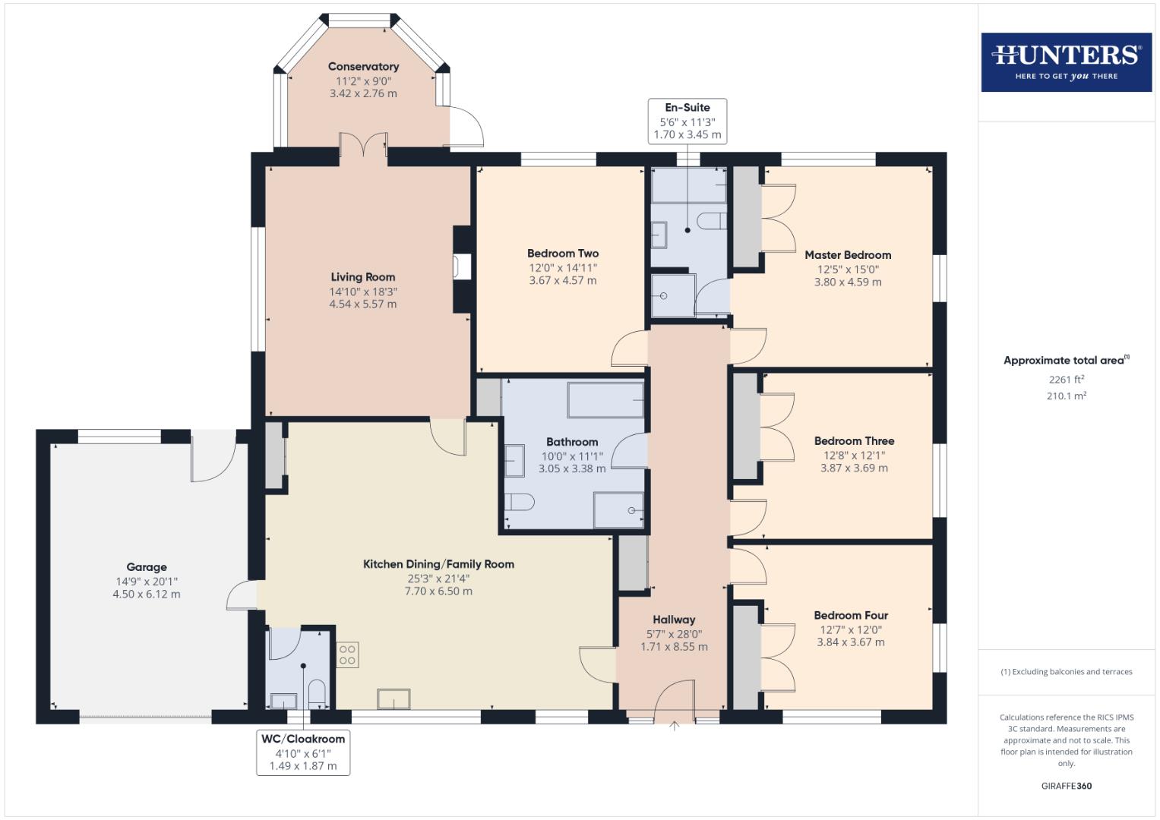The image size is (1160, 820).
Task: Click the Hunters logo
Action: click(1066, 62)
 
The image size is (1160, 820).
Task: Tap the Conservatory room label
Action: click(363, 67)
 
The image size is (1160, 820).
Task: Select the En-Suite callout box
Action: click(687, 121)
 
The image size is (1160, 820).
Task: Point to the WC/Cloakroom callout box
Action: click(303, 752)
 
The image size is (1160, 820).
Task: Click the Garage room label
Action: click(147, 567)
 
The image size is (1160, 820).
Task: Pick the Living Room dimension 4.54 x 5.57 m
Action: click(363, 304)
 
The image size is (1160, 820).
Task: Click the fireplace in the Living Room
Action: click(462, 268)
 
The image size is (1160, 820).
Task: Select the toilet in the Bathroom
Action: click(520, 502)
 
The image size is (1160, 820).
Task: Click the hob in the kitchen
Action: click(347, 654)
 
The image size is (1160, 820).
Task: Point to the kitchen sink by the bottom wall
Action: click(394, 699)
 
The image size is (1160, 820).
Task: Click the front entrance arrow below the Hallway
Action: click(674, 727)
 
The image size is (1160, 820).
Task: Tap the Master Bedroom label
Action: click(848, 255)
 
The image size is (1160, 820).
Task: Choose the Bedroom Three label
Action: click(854, 441)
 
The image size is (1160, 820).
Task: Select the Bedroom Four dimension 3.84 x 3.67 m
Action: click(851, 642)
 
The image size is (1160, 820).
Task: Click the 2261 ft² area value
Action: click(1066, 380)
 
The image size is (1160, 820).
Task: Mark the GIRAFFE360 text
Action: click(1066, 786)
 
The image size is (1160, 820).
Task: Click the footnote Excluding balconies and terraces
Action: click(1066, 672)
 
